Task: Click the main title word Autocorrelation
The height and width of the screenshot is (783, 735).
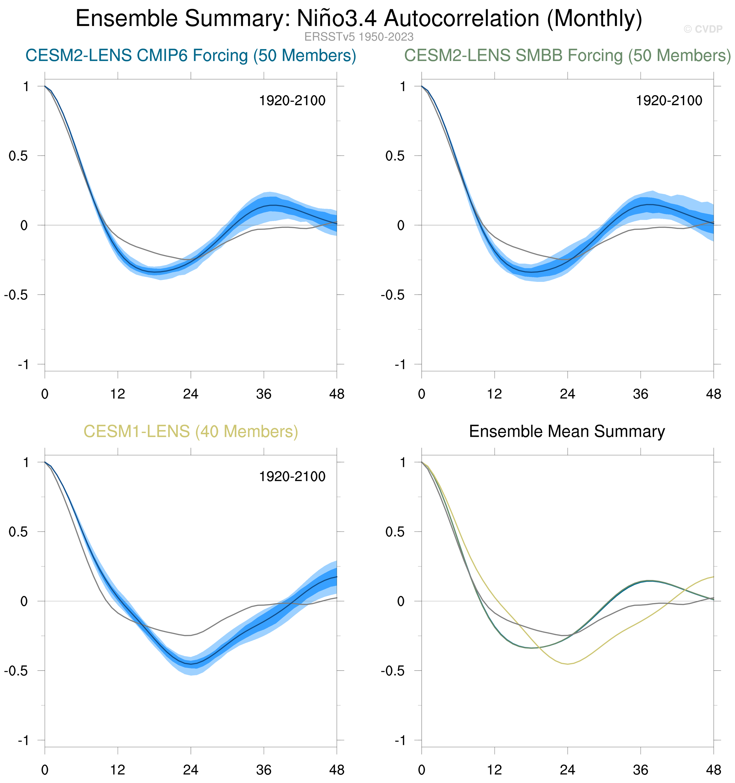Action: click(461, 19)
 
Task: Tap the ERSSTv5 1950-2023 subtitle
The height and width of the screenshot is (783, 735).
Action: click(359, 37)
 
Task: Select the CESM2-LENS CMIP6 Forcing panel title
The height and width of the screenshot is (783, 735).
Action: click(191, 56)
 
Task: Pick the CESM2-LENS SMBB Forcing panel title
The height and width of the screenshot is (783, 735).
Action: click(567, 56)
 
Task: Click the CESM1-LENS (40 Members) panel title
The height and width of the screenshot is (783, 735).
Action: click(191, 432)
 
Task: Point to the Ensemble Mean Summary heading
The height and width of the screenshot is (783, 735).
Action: click(567, 432)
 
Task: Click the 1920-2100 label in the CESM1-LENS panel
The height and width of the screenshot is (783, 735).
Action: click(292, 477)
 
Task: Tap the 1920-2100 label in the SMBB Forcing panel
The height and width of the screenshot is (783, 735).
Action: click(669, 101)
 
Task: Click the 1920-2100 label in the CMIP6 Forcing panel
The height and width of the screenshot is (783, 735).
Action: click(292, 101)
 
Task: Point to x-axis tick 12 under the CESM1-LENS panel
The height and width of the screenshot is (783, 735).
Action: click(117, 770)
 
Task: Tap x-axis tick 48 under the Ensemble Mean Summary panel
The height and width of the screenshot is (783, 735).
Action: click(713, 770)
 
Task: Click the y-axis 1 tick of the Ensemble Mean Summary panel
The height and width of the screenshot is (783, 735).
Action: click(402, 462)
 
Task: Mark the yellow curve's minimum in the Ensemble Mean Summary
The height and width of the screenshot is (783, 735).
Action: click(567, 664)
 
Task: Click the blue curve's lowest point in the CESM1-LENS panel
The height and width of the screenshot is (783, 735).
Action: click(191, 664)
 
